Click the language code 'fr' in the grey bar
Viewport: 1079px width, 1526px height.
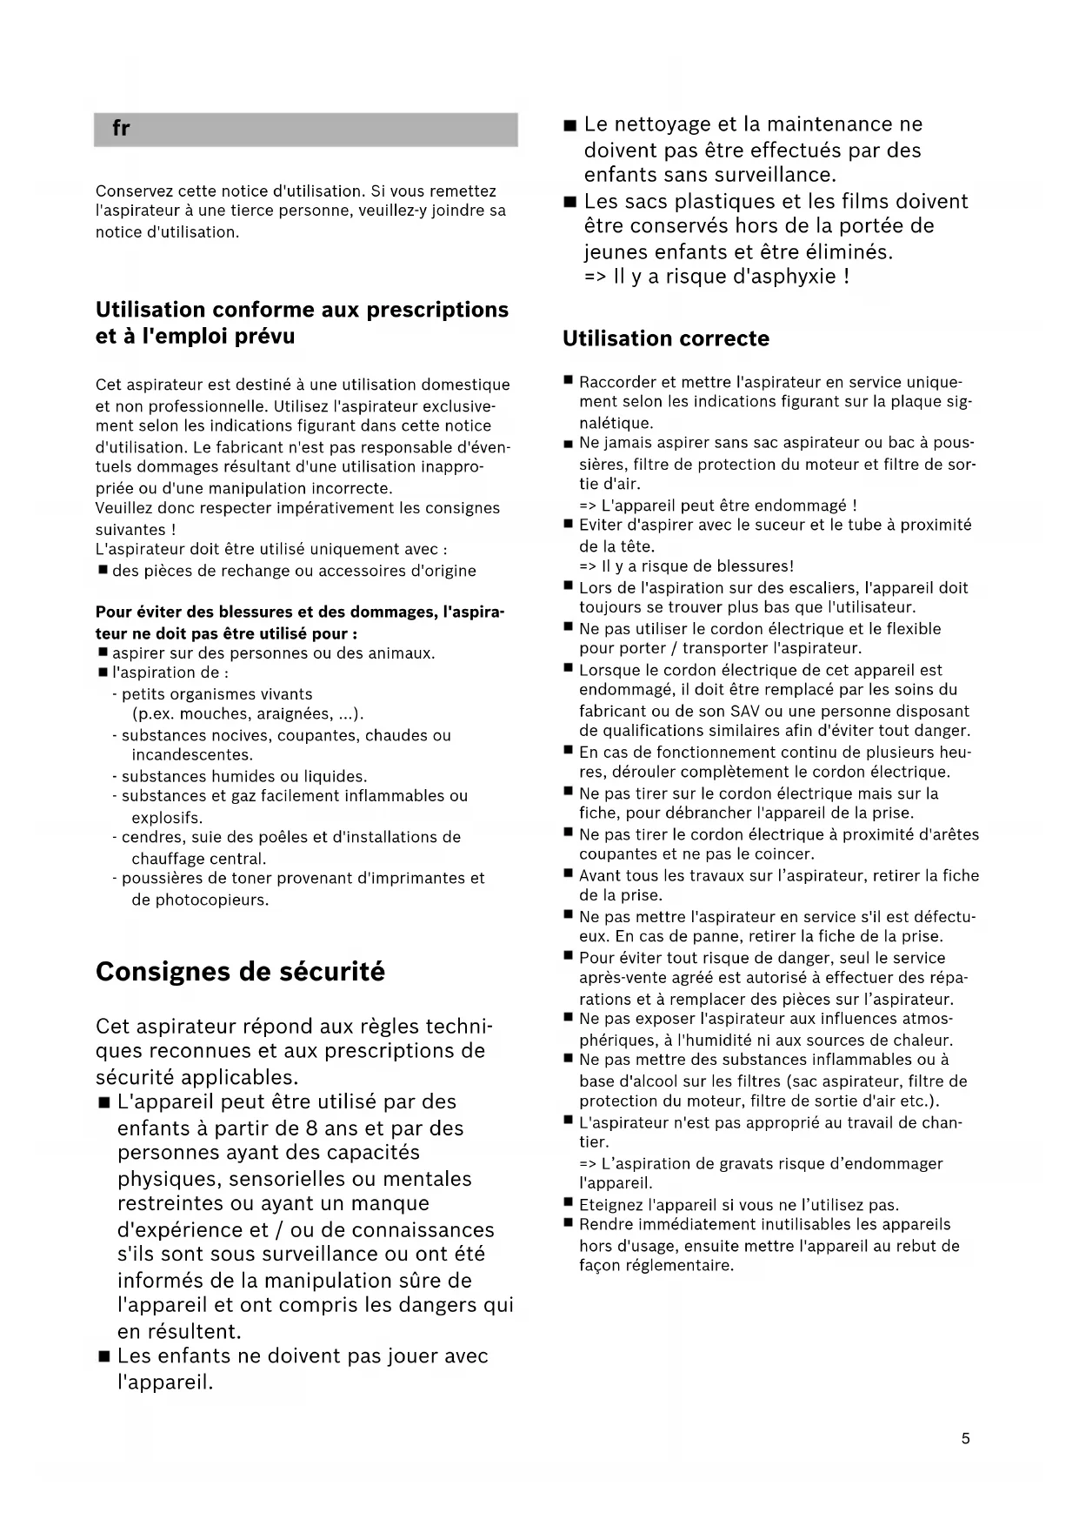click(121, 129)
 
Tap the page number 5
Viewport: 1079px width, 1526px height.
click(965, 1438)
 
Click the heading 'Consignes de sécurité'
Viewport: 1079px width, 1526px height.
click(240, 972)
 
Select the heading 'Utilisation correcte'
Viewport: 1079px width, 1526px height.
click(665, 338)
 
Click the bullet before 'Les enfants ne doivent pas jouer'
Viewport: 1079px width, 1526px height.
click(104, 1357)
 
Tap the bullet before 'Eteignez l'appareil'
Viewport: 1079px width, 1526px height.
click(568, 1204)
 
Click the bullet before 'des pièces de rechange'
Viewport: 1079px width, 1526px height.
click(103, 571)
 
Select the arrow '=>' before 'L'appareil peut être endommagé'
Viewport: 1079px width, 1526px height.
click(588, 505)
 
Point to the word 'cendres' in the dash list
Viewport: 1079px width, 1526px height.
click(150, 837)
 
